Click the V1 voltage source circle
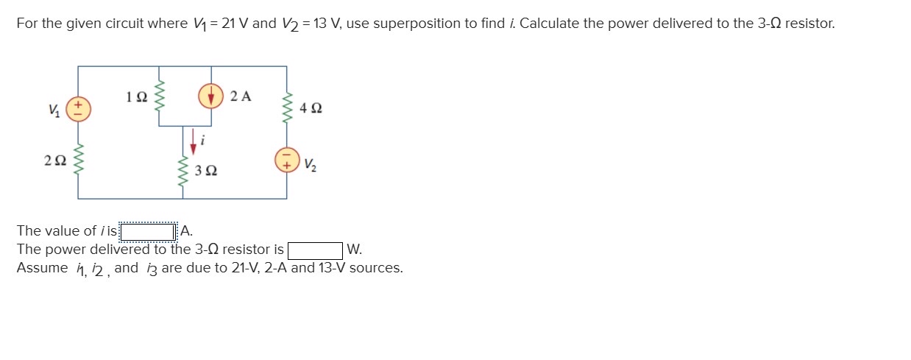[79, 110]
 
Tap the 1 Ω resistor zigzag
[160, 96]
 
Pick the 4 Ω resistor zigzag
[286, 108]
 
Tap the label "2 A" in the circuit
[241, 96]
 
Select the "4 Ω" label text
[311, 108]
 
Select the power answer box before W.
[316, 250]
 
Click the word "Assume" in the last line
[42, 268]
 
